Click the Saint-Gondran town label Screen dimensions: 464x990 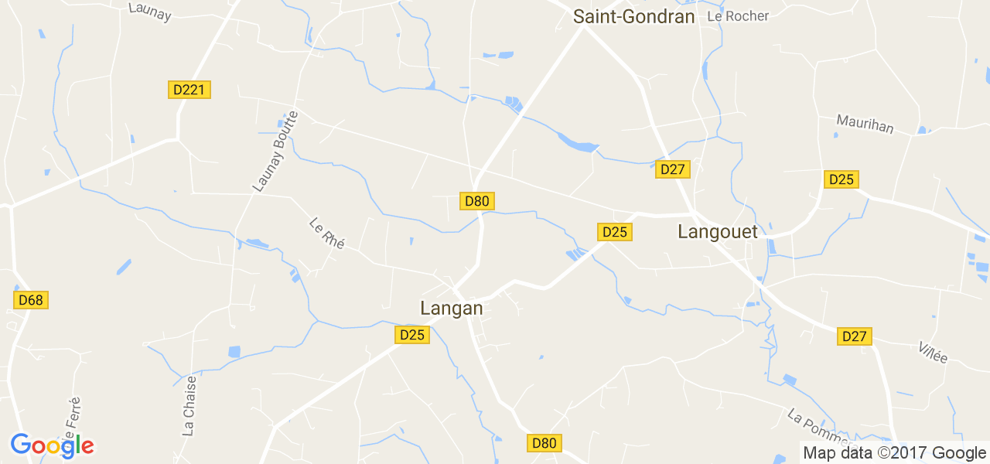[633, 16]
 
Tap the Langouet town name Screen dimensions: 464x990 [718, 230]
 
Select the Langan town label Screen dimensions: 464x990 [452, 308]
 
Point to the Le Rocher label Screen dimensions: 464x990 [738, 16]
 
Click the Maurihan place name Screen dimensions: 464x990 [865, 124]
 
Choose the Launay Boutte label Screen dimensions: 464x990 [269, 152]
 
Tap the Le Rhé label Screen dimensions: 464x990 [326, 233]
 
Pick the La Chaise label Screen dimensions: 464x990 [189, 406]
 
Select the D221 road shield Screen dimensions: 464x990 [189, 90]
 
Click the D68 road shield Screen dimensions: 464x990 [31, 300]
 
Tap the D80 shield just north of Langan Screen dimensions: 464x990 [477, 201]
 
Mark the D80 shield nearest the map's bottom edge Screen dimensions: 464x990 [544, 443]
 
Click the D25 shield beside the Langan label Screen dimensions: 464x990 [412, 335]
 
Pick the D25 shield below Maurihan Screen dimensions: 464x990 [841, 179]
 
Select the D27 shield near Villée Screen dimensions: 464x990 [855, 336]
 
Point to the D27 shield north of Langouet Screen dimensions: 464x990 [673, 169]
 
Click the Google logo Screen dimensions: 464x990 [52, 445]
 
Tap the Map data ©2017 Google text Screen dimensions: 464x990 [894, 453]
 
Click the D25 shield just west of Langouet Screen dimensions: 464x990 [615, 232]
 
